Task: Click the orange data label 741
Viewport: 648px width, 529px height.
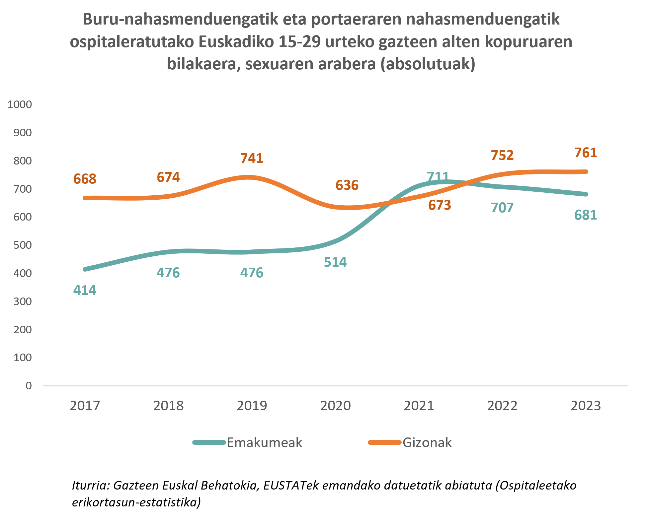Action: pos(252,158)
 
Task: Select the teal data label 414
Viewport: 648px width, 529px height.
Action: pos(85,291)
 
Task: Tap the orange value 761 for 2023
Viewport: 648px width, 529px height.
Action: pos(586,153)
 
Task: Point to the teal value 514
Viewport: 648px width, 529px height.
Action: pos(335,262)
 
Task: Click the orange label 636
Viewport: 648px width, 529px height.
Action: pos(347,185)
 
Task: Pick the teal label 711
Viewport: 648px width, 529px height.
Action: pos(438,176)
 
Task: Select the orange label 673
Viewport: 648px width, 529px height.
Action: pos(440,205)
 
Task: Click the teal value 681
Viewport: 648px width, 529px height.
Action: pos(586,215)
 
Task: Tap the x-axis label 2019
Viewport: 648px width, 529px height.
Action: pos(252,406)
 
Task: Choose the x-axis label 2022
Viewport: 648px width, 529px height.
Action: pos(502,406)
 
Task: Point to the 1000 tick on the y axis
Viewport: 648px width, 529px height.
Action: pos(20,104)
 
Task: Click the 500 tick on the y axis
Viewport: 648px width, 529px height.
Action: pos(23,245)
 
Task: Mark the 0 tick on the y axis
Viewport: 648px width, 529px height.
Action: pos(29,386)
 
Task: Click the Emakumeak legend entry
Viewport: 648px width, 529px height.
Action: pos(264,443)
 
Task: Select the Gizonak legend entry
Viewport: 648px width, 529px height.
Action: pos(427,443)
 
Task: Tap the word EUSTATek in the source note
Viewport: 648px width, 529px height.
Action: pos(291,485)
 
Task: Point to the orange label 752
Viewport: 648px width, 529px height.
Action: pos(502,156)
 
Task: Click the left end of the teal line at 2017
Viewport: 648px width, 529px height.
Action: pos(85,269)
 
